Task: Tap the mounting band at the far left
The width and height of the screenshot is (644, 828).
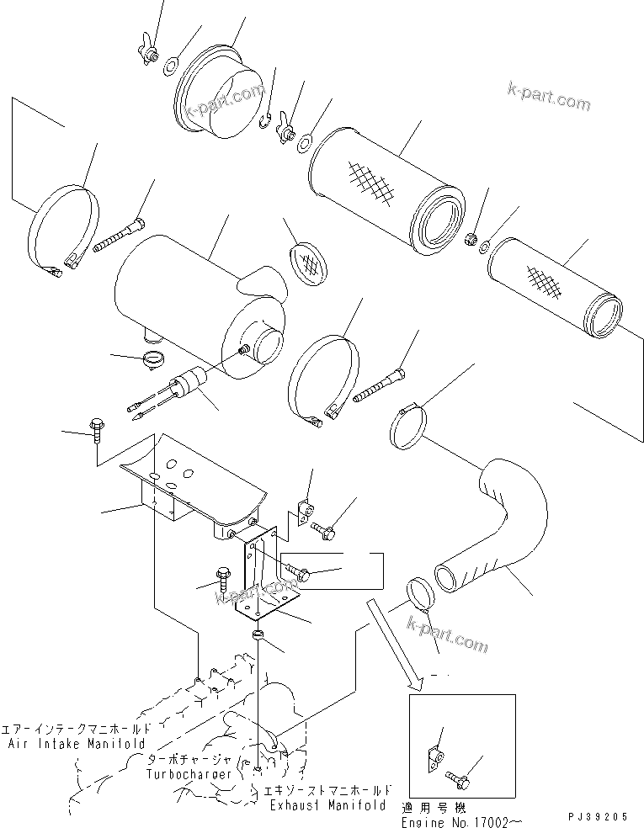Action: click(x=66, y=231)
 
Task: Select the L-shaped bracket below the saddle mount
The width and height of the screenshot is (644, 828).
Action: click(x=265, y=581)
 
